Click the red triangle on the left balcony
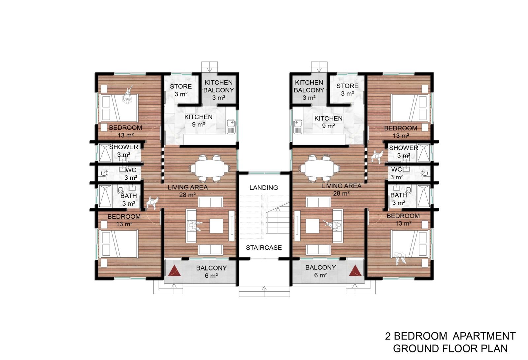175,271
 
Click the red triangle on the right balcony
355,271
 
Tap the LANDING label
264,188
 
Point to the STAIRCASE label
264,248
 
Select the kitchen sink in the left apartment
231,127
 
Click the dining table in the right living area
319,168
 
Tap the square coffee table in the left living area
216,226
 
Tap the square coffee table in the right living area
313,226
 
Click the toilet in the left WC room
104,174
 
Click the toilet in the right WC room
424,173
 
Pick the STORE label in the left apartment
181,87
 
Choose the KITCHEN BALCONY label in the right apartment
309,86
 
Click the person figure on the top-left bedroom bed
127,95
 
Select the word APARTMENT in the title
484,336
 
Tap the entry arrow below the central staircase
264,291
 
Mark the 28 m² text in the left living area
188,195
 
